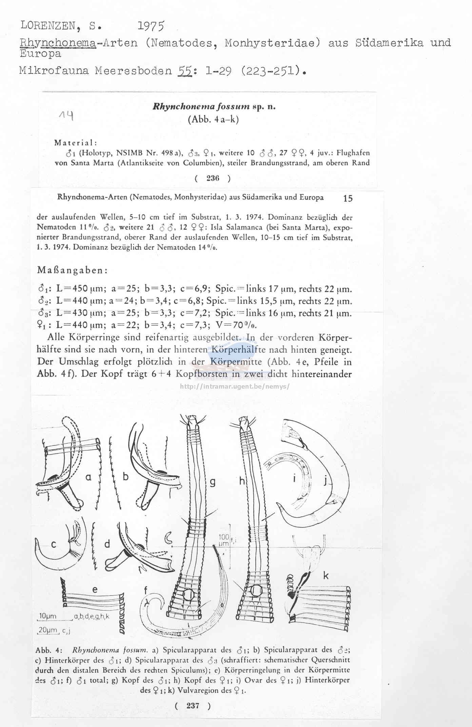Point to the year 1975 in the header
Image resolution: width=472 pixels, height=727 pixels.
[x=151, y=26]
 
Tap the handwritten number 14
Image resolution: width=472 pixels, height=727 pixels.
[x=66, y=116]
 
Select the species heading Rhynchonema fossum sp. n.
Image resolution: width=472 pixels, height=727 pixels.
[x=214, y=107]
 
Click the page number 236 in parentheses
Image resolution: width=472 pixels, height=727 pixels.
[x=213, y=178]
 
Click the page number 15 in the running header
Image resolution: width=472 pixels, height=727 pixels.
[x=348, y=199]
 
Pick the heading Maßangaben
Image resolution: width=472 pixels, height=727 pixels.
[x=73, y=271]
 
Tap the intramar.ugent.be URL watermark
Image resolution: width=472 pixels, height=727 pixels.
[x=234, y=386]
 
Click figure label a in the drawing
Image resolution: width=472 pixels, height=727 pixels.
[x=88, y=478]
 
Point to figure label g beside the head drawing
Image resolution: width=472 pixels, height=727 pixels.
[x=213, y=482]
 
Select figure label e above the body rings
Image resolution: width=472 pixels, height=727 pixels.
[x=95, y=589]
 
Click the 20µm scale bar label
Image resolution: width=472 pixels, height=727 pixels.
[x=48, y=630]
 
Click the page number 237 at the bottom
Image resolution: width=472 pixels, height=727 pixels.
[x=193, y=706]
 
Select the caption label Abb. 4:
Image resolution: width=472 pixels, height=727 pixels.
[x=48, y=650]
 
